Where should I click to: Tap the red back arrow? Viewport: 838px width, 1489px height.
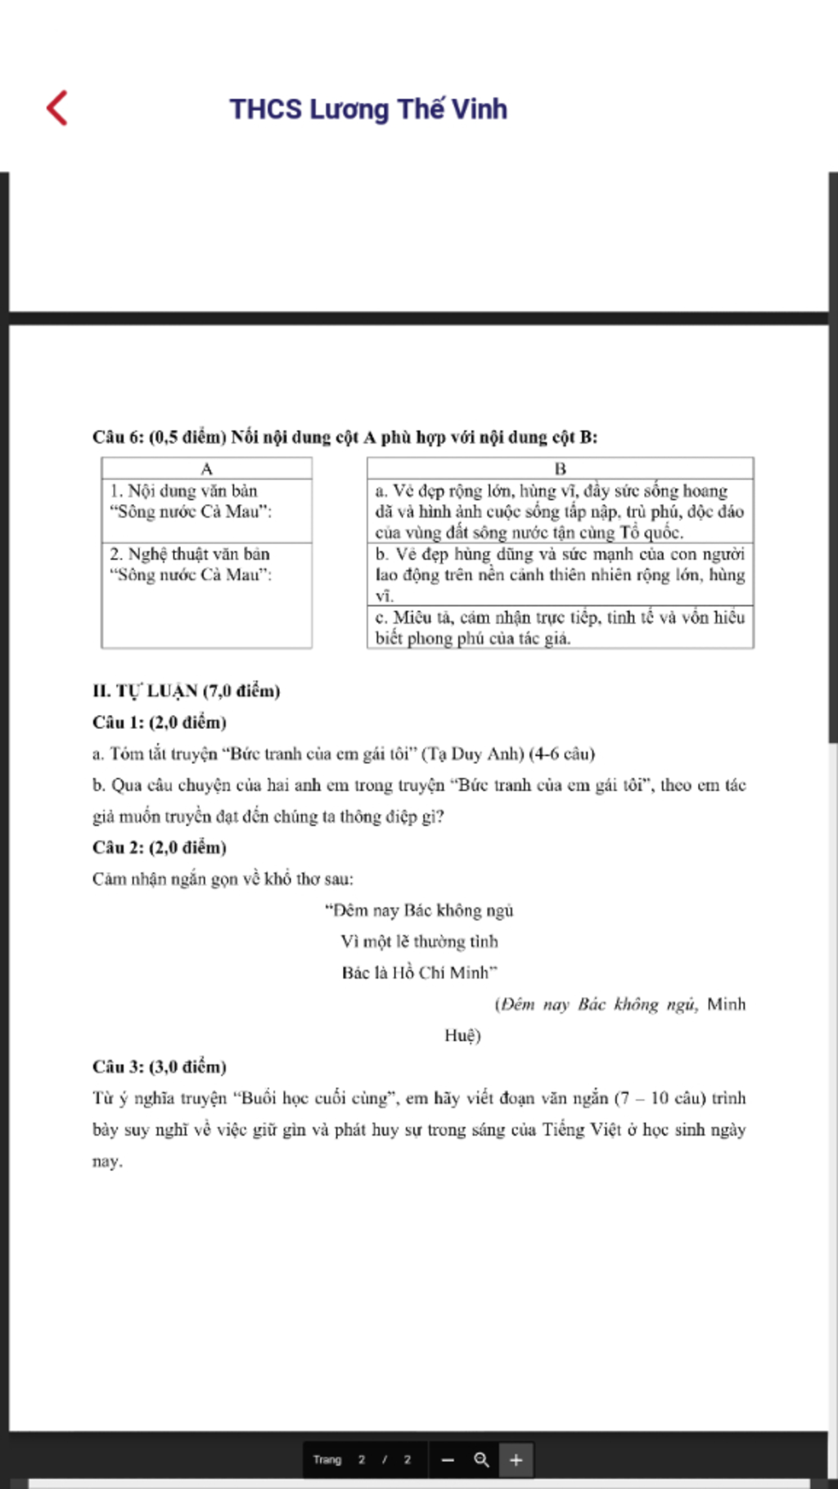(57, 108)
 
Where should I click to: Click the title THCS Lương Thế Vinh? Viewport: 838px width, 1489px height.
(368, 109)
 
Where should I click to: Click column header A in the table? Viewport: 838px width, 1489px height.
(206, 469)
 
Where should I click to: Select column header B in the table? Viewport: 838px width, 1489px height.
(560, 469)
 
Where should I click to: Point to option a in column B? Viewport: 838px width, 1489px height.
(559, 511)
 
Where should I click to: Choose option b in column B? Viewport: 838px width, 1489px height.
(559, 574)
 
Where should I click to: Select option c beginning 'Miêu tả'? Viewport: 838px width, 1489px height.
(559, 628)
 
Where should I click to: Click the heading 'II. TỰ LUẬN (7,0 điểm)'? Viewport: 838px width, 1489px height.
(187, 691)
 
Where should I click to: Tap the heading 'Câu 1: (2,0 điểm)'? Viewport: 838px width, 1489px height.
(160, 722)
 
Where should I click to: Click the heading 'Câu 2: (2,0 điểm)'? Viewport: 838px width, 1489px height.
(160, 848)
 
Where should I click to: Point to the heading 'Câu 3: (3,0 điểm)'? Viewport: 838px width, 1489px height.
(160, 1067)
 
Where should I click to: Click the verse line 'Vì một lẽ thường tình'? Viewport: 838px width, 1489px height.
(419, 942)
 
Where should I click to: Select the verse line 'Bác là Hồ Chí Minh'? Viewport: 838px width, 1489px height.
(419, 973)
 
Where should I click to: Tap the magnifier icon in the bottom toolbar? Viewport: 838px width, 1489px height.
(481, 1460)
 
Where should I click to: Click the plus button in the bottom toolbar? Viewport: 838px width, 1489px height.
(516, 1460)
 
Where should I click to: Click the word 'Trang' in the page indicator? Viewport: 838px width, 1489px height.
(327, 1460)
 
